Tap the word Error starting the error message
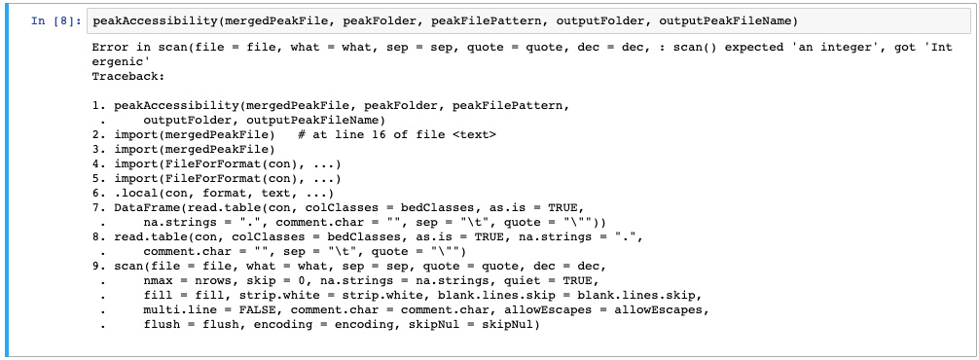coord(111,47)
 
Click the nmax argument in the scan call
coord(159,281)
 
